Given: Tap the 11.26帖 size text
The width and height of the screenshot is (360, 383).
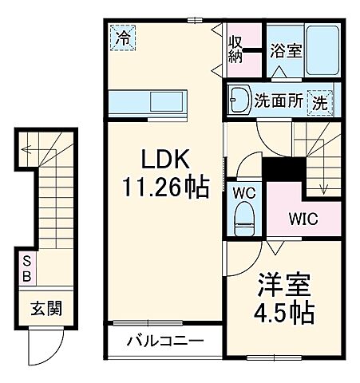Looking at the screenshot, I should pyautogui.click(x=166, y=188).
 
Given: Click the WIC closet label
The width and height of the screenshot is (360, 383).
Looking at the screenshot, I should pyautogui.click(x=303, y=219).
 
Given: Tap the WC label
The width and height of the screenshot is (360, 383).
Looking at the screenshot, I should pyautogui.click(x=243, y=193).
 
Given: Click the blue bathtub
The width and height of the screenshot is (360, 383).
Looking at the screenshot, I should pyautogui.click(x=321, y=49).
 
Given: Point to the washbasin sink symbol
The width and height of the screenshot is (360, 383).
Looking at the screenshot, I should pyautogui.click(x=238, y=100).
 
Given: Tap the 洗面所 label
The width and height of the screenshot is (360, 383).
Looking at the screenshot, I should pyautogui.click(x=277, y=101).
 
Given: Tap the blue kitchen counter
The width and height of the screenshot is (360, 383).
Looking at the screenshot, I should pyautogui.click(x=148, y=101).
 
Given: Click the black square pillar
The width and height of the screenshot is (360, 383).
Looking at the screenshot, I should pyautogui.click(x=283, y=169).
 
